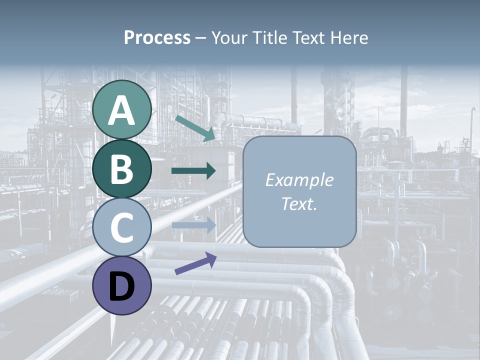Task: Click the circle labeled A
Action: (122, 109)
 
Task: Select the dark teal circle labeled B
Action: (122, 168)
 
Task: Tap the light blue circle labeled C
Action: (122, 227)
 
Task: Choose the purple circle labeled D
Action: (122, 285)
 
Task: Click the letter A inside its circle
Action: (122, 110)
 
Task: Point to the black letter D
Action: (122, 286)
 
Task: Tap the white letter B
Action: (122, 169)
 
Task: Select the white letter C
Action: (122, 228)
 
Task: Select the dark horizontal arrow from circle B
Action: (193, 171)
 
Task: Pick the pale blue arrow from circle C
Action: (193, 225)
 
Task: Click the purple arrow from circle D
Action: (195, 263)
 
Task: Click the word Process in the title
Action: (157, 37)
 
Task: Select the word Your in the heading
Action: (231, 37)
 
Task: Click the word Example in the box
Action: (299, 180)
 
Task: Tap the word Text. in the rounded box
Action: (299, 203)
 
